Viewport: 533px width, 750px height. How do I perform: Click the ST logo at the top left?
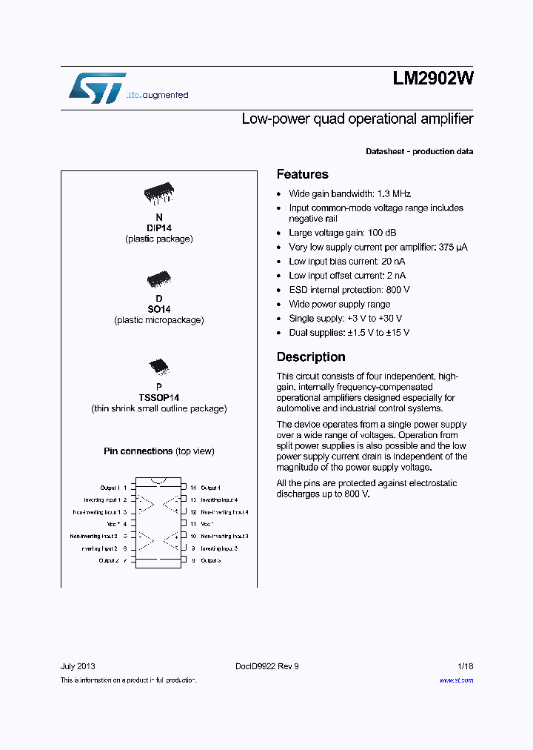click(97, 87)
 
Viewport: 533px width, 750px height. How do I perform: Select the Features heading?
click(302, 174)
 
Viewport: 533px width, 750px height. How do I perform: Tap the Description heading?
click(310, 356)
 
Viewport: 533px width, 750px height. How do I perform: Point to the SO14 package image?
click(158, 279)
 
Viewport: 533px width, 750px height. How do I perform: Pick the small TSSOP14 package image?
click(158, 365)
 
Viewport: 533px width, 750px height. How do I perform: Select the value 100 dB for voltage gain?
click(380, 233)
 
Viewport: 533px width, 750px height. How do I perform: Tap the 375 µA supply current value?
click(452, 247)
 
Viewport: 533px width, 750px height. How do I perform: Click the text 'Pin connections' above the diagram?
click(138, 451)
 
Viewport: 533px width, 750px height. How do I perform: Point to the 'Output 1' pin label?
click(109, 488)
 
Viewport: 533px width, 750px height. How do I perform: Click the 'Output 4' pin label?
click(209, 488)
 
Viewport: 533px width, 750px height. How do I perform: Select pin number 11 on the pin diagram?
click(192, 524)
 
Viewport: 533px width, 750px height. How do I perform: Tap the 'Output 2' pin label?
click(108, 560)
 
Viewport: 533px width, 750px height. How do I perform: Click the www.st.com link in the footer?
click(456, 680)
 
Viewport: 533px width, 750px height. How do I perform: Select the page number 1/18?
click(465, 666)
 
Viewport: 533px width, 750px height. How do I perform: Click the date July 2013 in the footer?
click(77, 666)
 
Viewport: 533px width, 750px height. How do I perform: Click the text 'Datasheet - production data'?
click(419, 151)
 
